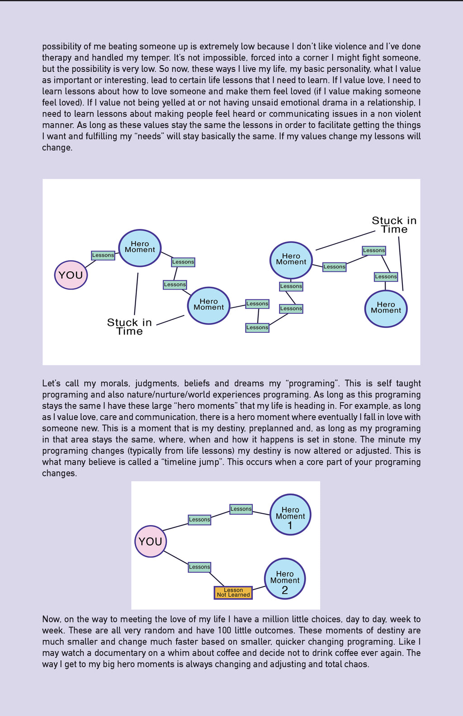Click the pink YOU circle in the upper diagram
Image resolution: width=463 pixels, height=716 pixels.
pos(71,275)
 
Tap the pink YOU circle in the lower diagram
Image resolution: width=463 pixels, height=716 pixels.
pos(151,541)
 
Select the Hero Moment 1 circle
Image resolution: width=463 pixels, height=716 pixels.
pos(290,515)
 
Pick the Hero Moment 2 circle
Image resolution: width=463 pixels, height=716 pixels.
pos(285,579)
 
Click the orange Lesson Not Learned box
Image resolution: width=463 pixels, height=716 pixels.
pos(233,593)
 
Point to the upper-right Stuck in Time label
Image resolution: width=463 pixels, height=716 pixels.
pos(394,225)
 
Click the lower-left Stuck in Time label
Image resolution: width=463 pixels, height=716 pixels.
pos(129,327)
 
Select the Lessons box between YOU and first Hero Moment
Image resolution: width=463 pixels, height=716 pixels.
pos(103,255)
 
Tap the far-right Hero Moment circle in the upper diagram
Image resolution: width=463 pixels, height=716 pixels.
pos(386,308)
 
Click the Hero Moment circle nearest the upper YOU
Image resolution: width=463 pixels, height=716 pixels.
pos(140,248)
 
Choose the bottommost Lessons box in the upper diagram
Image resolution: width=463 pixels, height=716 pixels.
pos(257,327)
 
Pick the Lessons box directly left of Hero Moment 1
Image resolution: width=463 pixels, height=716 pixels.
pos(241,509)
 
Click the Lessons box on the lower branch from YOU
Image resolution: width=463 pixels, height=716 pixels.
pos(199,567)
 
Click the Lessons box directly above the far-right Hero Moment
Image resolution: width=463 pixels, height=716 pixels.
pos(386,276)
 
